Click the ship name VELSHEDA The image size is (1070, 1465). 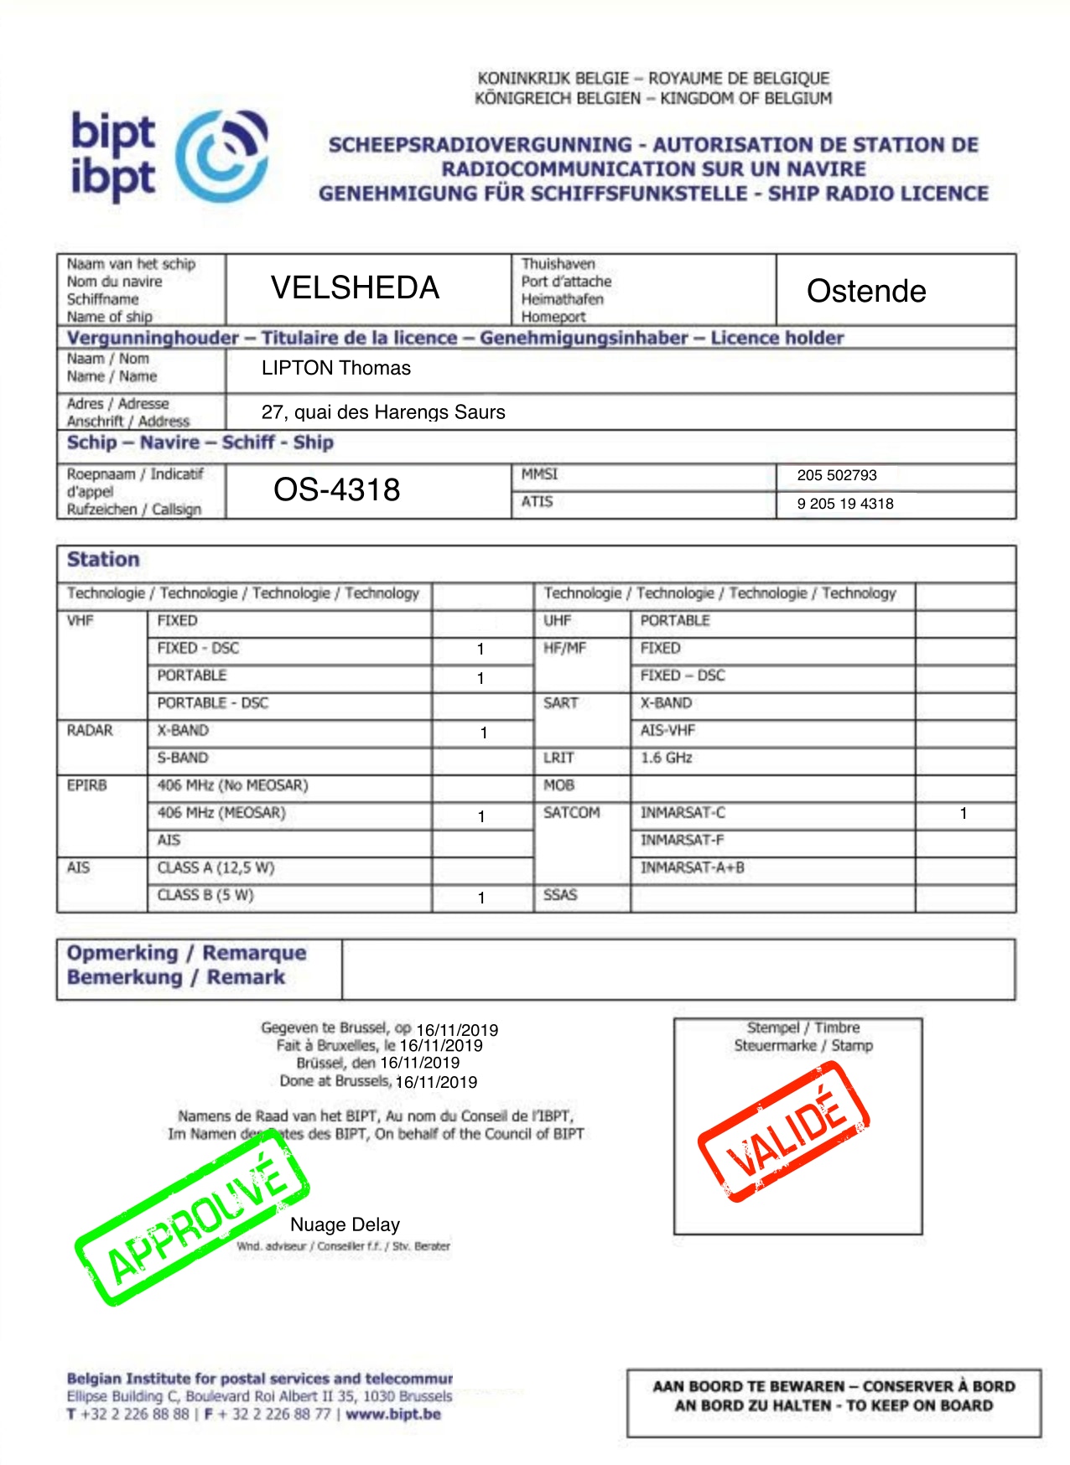[x=355, y=288]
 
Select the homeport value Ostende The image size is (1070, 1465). [x=866, y=292]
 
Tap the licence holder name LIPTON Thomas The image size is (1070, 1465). [x=335, y=368]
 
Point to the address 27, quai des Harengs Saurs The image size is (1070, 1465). [x=383, y=412]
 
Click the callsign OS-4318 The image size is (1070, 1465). [x=337, y=489]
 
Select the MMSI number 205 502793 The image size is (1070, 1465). [x=837, y=475]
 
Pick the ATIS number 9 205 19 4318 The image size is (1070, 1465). [x=845, y=504]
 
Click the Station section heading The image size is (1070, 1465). [x=103, y=560]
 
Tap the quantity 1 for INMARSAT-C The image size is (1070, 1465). [x=964, y=813]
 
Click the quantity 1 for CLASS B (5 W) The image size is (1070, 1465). [x=481, y=898]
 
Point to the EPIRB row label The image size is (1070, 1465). [x=87, y=785]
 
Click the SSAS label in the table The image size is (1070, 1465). [x=560, y=895]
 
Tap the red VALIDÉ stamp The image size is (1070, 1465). [x=784, y=1131]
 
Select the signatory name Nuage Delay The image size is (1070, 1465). [x=345, y=1224]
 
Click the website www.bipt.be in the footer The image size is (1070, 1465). [x=393, y=1414]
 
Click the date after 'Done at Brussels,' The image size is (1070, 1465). [x=436, y=1082]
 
